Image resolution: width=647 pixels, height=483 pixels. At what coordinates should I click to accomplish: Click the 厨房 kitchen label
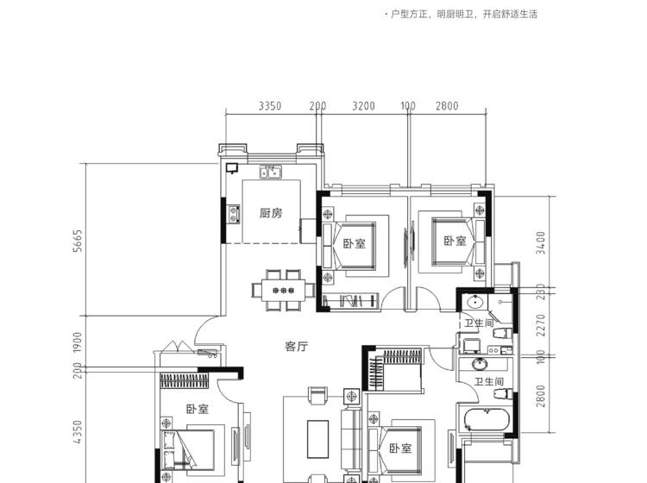click(271, 213)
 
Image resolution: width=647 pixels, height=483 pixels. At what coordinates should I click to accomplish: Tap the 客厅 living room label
click(296, 347)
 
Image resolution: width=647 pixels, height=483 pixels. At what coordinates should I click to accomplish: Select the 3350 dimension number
click(270, 106)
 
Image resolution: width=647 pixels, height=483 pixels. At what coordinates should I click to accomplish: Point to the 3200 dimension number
click(363, 106)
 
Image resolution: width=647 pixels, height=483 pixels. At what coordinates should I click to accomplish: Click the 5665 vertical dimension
click(78, 241)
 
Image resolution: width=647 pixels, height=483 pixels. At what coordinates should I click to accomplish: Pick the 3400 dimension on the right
click(541, 243)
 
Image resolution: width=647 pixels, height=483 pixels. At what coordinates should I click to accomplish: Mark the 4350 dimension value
click(78, 432)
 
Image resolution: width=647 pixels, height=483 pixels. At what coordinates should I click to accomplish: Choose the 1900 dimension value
click(78, 342)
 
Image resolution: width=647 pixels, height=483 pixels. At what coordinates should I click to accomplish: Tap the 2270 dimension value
click(541, 325)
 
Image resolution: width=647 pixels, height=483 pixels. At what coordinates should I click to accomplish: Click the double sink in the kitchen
click(270, 172)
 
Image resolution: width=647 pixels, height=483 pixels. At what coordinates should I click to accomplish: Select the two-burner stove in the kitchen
click(235, 214)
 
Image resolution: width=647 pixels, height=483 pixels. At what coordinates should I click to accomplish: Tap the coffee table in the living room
click(317, 439)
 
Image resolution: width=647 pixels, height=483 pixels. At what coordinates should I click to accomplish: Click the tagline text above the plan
click(461, 15)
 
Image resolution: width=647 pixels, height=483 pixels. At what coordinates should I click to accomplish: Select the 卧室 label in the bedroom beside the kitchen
click(355, 243)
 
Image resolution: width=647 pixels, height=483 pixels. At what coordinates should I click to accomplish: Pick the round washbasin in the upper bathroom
click(475, 302)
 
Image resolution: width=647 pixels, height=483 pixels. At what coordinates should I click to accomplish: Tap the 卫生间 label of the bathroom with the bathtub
click(488, 381)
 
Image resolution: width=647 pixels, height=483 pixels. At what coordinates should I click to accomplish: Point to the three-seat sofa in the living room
click(351, 439)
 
